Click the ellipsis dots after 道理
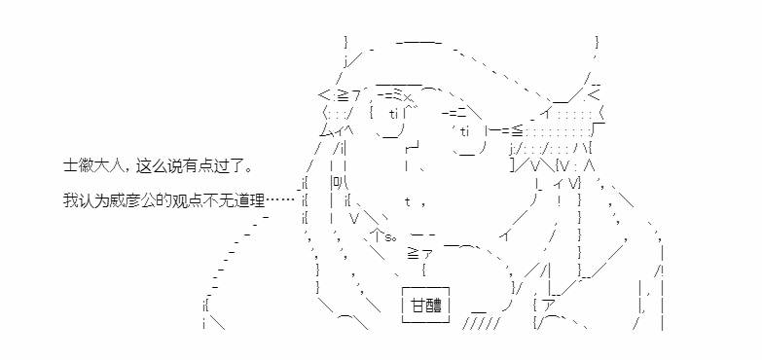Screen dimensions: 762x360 (280, 200)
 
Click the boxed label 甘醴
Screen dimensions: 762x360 (425, 306)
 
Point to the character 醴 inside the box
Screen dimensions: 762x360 (434, 306)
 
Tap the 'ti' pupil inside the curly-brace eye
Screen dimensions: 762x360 (393, 114)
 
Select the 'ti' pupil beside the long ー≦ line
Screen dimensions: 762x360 (464, 131)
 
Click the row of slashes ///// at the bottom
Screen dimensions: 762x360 (481, 324)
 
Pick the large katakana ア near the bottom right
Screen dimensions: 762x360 (548, 306)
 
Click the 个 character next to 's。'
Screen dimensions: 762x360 (377, 235)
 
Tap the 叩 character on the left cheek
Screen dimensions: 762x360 (337, 183)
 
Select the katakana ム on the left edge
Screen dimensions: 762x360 (325, 130)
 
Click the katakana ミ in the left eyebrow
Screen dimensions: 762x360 (397, 95)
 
